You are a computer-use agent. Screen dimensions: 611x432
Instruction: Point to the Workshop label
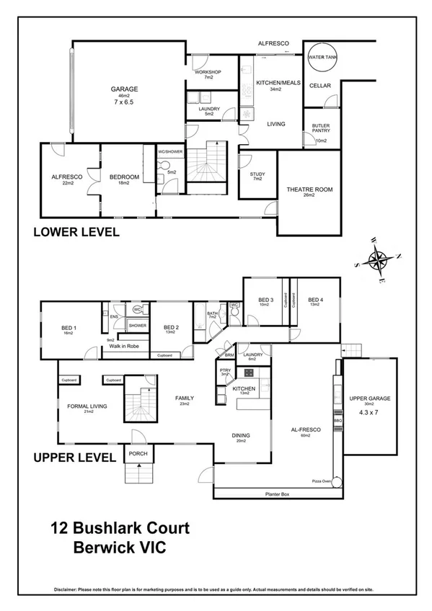coord(208,73)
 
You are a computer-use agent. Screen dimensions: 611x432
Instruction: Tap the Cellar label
coord(319,86)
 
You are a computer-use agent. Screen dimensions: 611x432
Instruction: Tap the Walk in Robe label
coord(123,347)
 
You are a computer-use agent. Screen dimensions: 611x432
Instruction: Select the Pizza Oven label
coord(321,479)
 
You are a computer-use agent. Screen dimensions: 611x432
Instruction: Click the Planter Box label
coord(277,494)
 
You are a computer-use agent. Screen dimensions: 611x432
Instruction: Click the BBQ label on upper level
coord(336,419)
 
